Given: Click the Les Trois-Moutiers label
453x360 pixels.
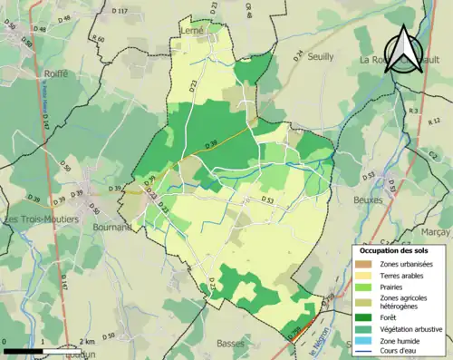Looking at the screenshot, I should click(42, 219).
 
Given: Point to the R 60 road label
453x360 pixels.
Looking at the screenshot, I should click(99, 40).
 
